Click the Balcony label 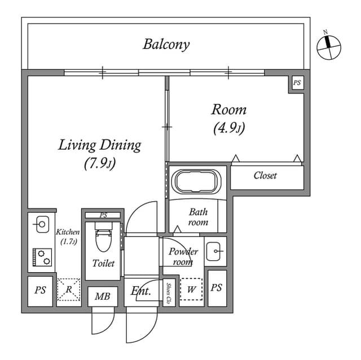[166, 44]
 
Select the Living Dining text [100, 145]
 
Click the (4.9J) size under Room [228, 127]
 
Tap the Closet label [265, 176]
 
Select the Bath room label [198, 217]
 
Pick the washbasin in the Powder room [215, 251]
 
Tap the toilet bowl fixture [103, 238]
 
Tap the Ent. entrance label [140, 291]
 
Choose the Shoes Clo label [169, 292]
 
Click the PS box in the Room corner [297, 83]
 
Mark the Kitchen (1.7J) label [68, 237]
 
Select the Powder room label [183, 256]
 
